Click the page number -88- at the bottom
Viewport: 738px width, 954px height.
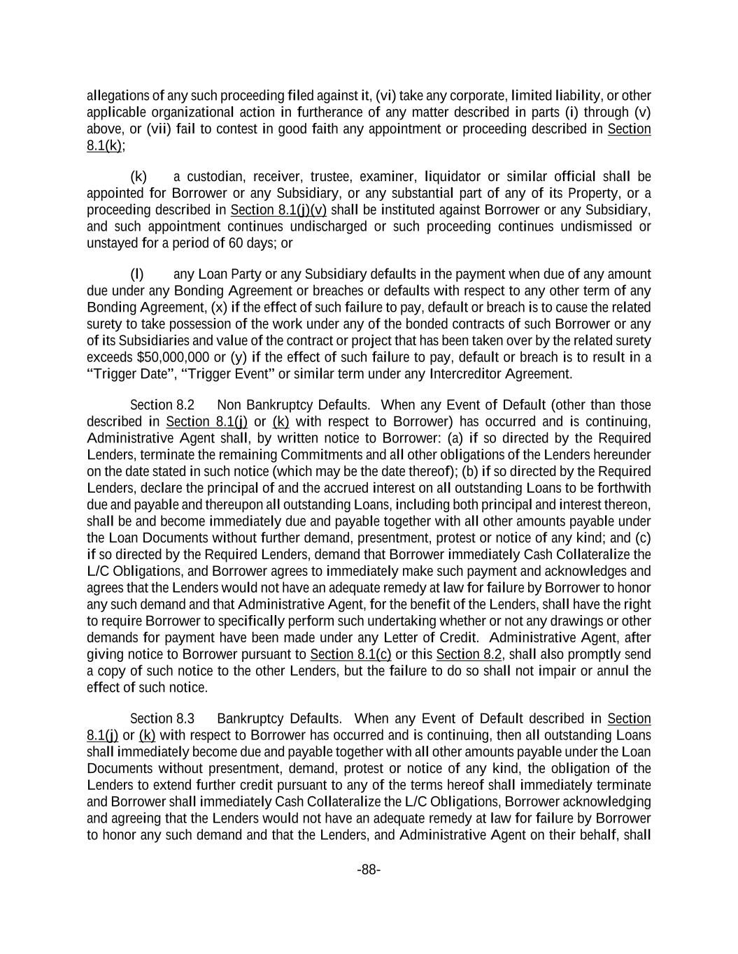click(369, 869)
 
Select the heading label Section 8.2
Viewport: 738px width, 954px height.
click(162, 405)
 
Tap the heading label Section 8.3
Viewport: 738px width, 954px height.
click(162, 719)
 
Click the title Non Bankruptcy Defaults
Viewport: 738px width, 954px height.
click(293, 405)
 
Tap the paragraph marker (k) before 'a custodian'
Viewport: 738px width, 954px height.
click(138, 177)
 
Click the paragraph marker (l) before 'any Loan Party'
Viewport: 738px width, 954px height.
click(137, 274)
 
